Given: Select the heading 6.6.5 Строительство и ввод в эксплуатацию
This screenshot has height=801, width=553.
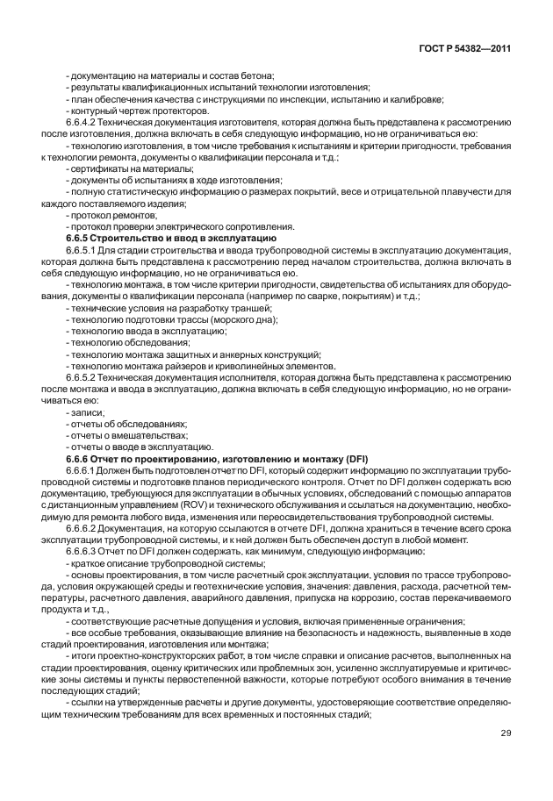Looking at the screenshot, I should (172, 239).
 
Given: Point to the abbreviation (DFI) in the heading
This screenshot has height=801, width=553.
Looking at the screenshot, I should (356, 459).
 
